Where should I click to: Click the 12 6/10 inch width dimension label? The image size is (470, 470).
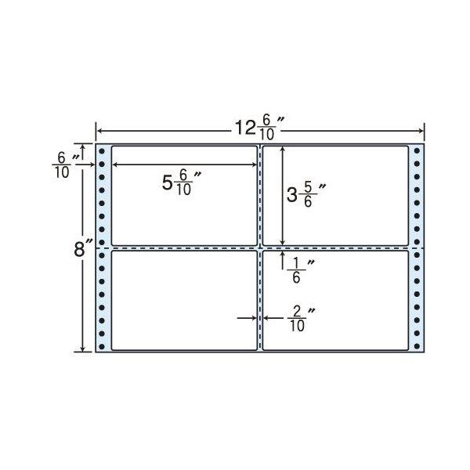point(259,128)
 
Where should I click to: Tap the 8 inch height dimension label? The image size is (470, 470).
point(83,248)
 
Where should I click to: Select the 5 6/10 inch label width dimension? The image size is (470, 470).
point(181,183)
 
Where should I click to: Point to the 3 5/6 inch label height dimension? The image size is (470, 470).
point(306,195)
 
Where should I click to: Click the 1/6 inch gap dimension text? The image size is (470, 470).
point(301,271)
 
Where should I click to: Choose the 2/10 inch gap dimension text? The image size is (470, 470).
point(301,320)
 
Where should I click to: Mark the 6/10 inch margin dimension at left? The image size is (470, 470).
point(66,165)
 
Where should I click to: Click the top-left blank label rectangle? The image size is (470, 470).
point(184,196)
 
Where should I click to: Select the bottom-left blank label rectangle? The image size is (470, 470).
point(184,300)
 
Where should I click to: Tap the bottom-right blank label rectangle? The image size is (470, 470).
point(335,300)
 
